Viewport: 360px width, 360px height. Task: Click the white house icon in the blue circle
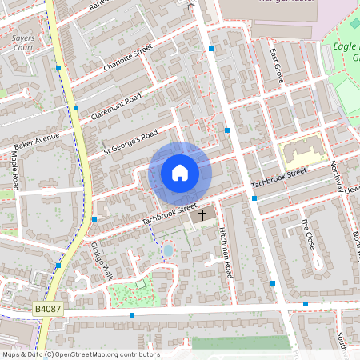[180, 172]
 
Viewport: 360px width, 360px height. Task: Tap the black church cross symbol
[202, 215]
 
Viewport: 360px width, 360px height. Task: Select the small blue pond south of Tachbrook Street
[168, 250]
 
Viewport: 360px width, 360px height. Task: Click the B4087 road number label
[47, 308]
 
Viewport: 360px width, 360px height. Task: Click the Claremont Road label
[117, 107]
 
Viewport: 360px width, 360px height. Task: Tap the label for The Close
[310, 232]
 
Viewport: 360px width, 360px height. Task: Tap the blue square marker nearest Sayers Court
[58, 68]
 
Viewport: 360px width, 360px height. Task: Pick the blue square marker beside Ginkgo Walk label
[94, 218]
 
